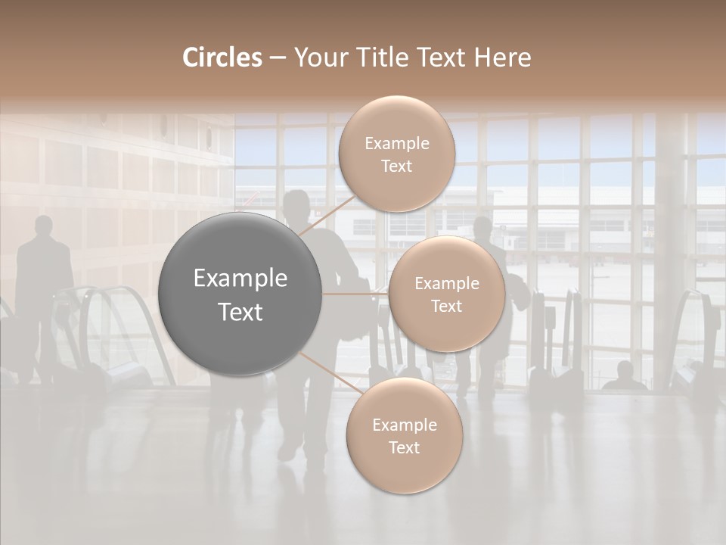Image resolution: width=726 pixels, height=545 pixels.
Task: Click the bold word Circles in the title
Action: click(x=222, y=58)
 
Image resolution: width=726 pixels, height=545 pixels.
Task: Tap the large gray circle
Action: click(x=240, y=294)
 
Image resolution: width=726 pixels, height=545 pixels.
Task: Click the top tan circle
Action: click(x=396, y=154)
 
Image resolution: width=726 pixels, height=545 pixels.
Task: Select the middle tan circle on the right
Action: click(x=446, y=294)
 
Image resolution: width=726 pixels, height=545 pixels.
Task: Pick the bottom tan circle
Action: click(x=404, y=436)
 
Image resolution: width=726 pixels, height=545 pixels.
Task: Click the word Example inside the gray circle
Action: click(x=240, y=279)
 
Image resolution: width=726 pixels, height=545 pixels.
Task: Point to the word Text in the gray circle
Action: click(x=240, y=312)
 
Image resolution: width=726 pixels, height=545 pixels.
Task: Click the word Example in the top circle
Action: click(x=396, y=144)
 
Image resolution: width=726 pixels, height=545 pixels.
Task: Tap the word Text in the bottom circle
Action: click(x=404, y=448)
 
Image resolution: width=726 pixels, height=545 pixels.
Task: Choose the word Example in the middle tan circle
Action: click(x=446, y=284)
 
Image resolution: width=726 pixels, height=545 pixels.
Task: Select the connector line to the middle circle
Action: click(x=355, y=294)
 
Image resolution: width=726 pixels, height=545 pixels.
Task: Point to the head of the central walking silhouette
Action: click(x=297, y=205)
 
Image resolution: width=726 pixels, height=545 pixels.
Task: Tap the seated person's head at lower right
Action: click(x=625, y=370)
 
